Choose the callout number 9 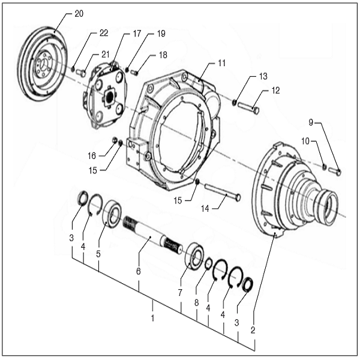pos(311,122)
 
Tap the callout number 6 pos(139,271)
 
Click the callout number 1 pos(152,317)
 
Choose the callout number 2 pos(253,329)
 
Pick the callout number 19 pos(161,34)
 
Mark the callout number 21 pos(105,55)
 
